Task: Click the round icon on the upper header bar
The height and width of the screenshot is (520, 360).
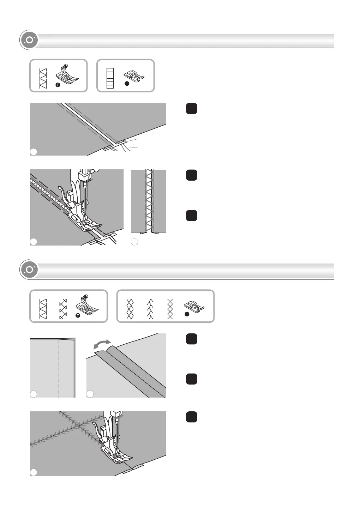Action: coord(29,40)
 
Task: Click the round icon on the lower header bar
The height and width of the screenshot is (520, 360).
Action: coord(29,270)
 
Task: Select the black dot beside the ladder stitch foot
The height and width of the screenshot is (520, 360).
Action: coord(126,84)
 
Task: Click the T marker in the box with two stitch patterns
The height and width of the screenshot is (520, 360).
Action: coord(78,315)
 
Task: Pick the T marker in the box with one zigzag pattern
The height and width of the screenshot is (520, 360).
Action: coord(58,85)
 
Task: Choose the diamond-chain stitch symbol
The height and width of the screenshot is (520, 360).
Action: coord(130,309)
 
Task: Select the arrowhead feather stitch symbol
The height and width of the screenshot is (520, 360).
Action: coord(150,309)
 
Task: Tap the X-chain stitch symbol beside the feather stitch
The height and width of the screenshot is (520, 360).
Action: coord(170,309)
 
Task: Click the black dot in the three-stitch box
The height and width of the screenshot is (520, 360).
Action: coord(187,314)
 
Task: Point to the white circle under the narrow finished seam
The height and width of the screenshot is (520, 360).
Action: coord(134,242)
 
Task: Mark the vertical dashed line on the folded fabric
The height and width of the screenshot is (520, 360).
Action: coord(59,367)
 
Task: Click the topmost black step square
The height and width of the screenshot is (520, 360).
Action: coord(191,109)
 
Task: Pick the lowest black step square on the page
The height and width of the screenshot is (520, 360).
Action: coord(191,417)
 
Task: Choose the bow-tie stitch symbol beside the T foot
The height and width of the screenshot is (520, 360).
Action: coord(63,309)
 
